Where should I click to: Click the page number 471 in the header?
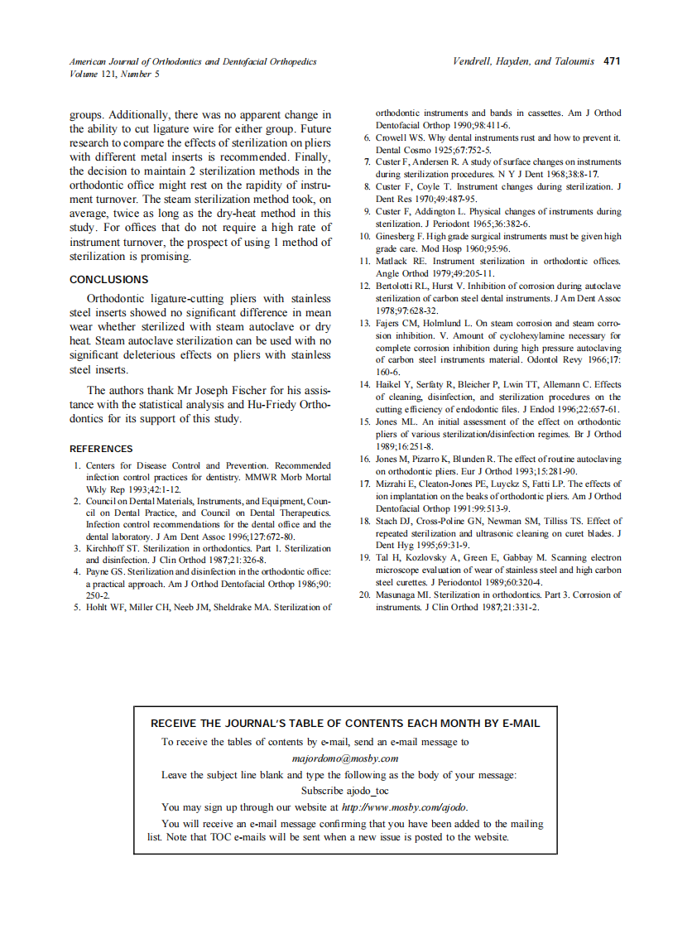coord(612,61)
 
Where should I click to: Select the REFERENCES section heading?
coord(101,449)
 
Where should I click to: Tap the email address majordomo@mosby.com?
coord(345,758)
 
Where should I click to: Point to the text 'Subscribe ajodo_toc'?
coord(344,791)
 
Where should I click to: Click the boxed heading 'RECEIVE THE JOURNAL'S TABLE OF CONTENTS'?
coord(344,723)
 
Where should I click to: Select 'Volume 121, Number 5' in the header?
coord(114,74)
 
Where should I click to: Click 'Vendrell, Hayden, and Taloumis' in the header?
coord(523,61)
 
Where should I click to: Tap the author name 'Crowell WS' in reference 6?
coord(401,137)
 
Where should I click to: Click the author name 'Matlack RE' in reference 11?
coord(401,262)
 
